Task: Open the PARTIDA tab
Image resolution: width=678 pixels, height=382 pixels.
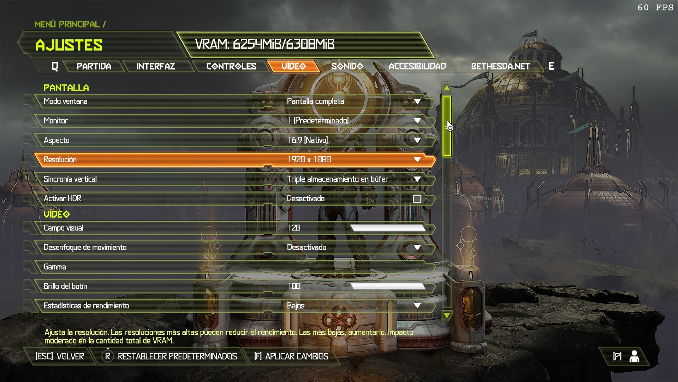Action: coord(94,66)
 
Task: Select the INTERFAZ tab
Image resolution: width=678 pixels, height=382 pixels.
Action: coord(156,66)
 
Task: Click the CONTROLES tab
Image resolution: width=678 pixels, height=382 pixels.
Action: coord(231,66)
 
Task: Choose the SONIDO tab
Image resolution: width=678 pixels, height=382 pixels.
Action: coord(347,66)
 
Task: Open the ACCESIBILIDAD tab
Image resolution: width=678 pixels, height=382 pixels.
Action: coord(417,66)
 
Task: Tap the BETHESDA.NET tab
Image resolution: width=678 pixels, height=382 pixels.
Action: coord(500,66)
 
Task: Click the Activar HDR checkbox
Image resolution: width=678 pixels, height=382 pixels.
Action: coord(417,199)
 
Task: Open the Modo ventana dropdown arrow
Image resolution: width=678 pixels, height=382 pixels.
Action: coord(417,102)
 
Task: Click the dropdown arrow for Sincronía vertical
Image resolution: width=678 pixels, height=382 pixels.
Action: coord(417,179)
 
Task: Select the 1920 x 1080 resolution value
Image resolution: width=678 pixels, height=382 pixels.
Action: coord(309,160)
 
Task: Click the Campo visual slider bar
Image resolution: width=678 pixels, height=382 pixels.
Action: coord(388,228)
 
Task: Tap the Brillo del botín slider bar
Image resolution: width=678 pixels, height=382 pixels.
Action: coord(388,286)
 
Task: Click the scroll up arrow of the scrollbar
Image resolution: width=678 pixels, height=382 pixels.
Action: coord(447,88)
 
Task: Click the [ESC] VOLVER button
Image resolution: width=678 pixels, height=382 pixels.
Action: coord(60,356)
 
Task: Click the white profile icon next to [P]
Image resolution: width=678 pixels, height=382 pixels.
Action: coord(634,356)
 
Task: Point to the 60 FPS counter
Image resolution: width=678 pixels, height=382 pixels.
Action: coord(655,8)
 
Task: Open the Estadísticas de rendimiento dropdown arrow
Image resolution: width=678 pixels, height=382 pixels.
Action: coord(417,306)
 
